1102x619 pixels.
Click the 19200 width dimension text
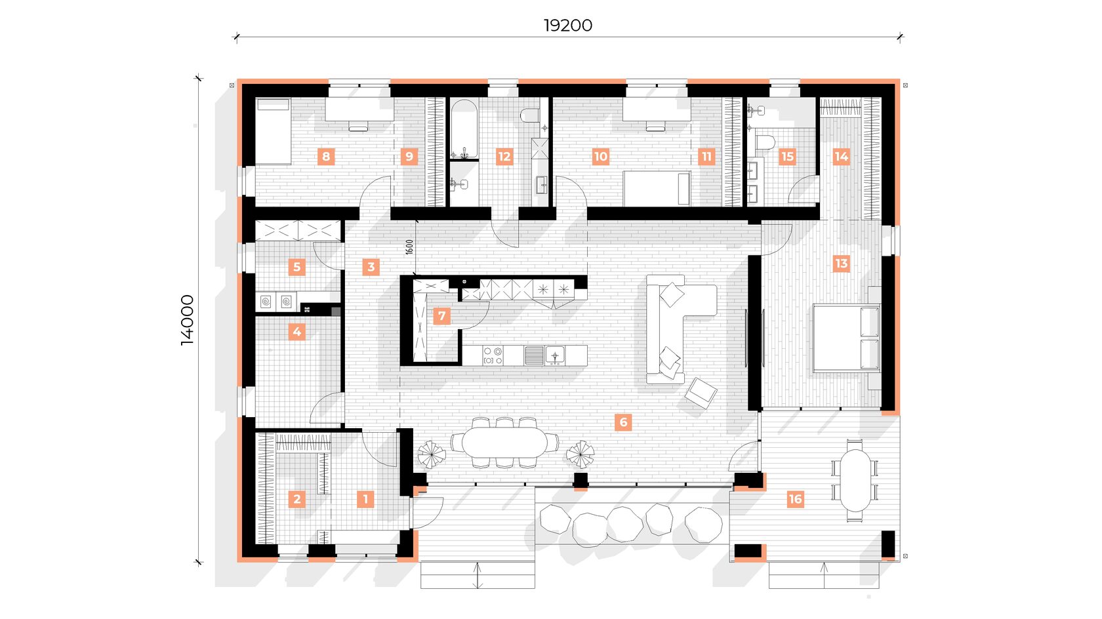pos(568,26)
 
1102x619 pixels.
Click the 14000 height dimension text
pos(188,320)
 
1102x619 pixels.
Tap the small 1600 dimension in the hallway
pos(409,247)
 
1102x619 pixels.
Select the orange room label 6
pos(623,422)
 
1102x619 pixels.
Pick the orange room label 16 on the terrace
pos(796,499)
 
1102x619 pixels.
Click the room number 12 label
pos(504,157)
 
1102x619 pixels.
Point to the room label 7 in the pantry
pos(442,315)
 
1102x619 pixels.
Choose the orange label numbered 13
pos(842,264)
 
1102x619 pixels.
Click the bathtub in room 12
pos(464,129)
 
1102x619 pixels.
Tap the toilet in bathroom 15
pos(765,142)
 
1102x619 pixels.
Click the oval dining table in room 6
pos(505,441)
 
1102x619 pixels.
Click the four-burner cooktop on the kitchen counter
pos(493,355)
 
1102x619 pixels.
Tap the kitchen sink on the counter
pos(555,355)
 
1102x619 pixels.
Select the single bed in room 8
pos(274,131)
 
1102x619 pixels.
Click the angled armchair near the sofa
pos(701,392)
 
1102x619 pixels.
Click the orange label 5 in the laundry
pos(296,267)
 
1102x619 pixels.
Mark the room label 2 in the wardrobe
pos(296,499)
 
